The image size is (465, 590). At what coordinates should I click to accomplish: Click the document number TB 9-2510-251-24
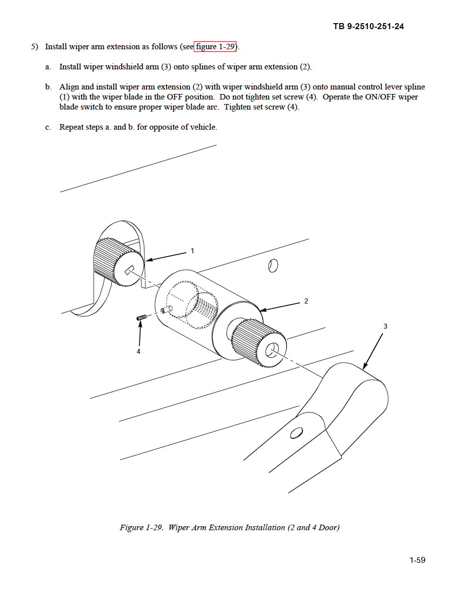[x=368, y=26]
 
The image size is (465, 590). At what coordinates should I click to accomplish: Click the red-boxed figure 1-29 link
[x=215, y=47]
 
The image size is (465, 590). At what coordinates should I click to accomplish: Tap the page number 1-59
[x=417, y=560]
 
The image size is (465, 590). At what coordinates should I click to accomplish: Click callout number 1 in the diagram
[x=192, y=251]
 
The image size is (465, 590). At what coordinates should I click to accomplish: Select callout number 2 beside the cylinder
[x=306, y=302]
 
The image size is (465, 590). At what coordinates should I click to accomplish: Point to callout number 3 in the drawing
[x=385, y=327]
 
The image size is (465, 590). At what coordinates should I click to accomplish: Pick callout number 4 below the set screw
[x=138, y=352]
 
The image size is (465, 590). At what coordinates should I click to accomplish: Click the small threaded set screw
[x=141, y=317]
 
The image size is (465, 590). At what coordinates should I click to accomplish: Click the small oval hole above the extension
[x=273, y=265]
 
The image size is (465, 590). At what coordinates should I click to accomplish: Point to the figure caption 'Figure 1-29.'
[x=141, y=528]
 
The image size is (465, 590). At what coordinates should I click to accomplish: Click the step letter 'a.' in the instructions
[x=48, y=67]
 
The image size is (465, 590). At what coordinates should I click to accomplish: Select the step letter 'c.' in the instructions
[x=48, y=127]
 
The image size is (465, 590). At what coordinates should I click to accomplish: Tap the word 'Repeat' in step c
[x=71, y=127]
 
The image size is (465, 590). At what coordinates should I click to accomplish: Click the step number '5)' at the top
[x=35, y=47]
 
